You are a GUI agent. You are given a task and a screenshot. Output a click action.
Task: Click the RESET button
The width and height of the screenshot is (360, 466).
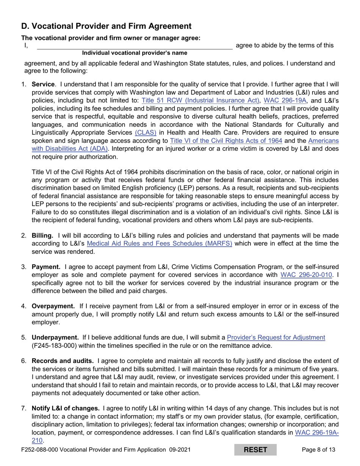click(x=255, y=450)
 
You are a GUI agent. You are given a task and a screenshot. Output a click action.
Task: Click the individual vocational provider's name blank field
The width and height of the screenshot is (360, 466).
click(x=134, y=45)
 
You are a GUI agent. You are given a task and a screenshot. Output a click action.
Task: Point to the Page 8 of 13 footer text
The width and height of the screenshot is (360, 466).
click(x=318, y=450)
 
